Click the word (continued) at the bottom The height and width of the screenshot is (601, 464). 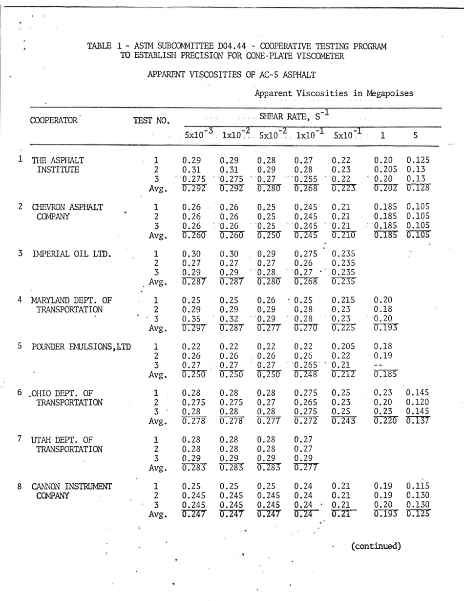point(376,545)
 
